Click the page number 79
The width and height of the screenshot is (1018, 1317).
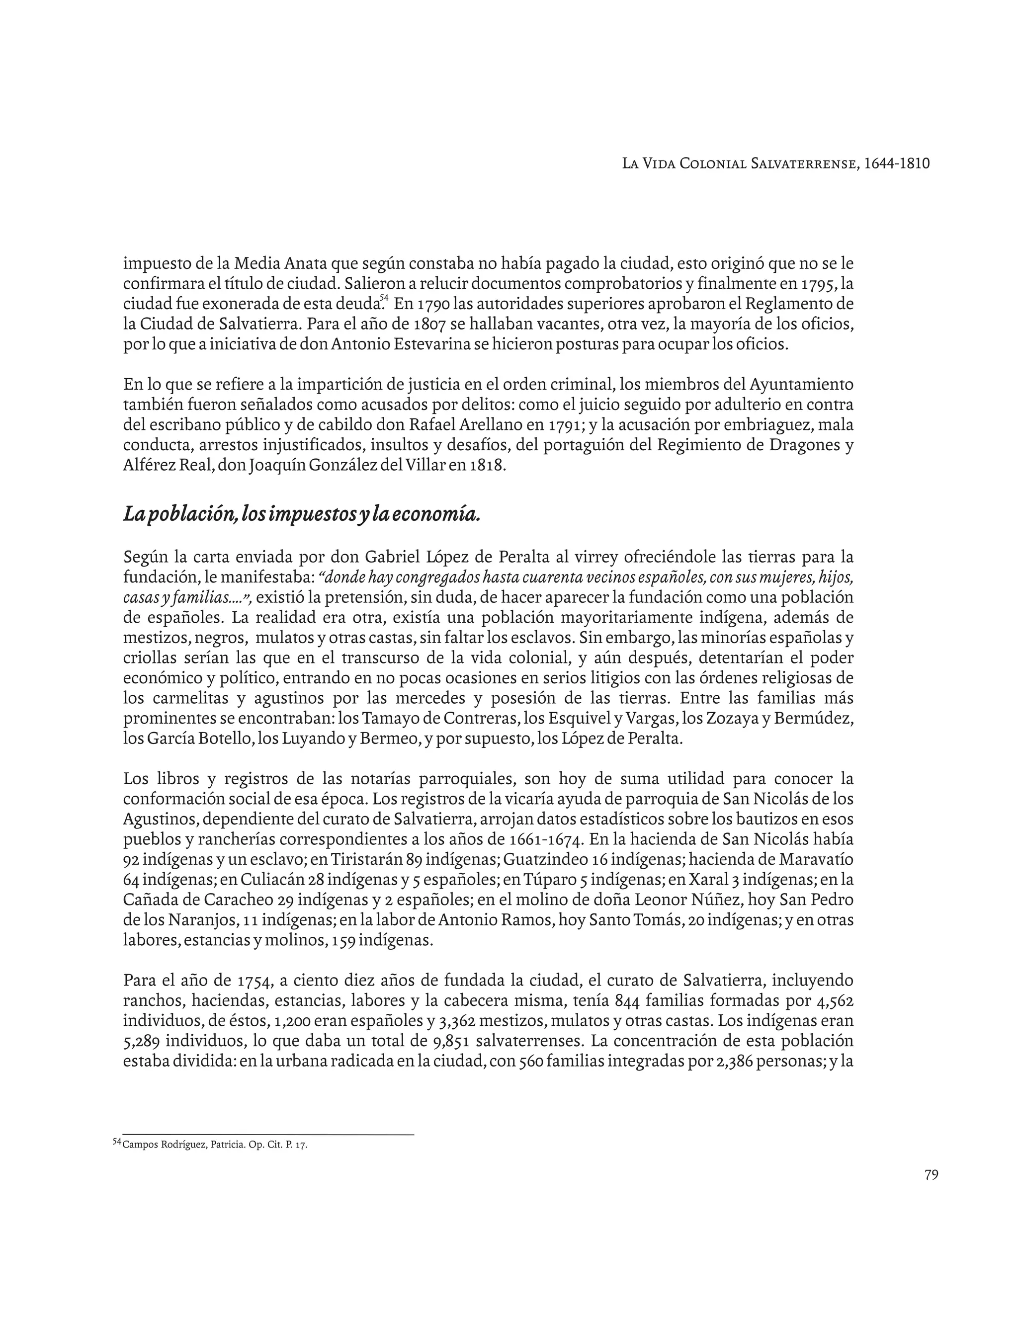coord(931,1175)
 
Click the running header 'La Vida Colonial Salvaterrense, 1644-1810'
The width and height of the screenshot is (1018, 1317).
coord(775,164)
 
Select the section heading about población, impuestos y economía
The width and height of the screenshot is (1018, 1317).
coord(302,514)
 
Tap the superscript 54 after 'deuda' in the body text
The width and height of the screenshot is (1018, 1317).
coord(384,298)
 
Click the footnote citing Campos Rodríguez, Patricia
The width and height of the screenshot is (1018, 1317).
coord(214,1145)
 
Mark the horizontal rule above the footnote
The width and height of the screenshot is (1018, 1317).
coord(268,1134)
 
